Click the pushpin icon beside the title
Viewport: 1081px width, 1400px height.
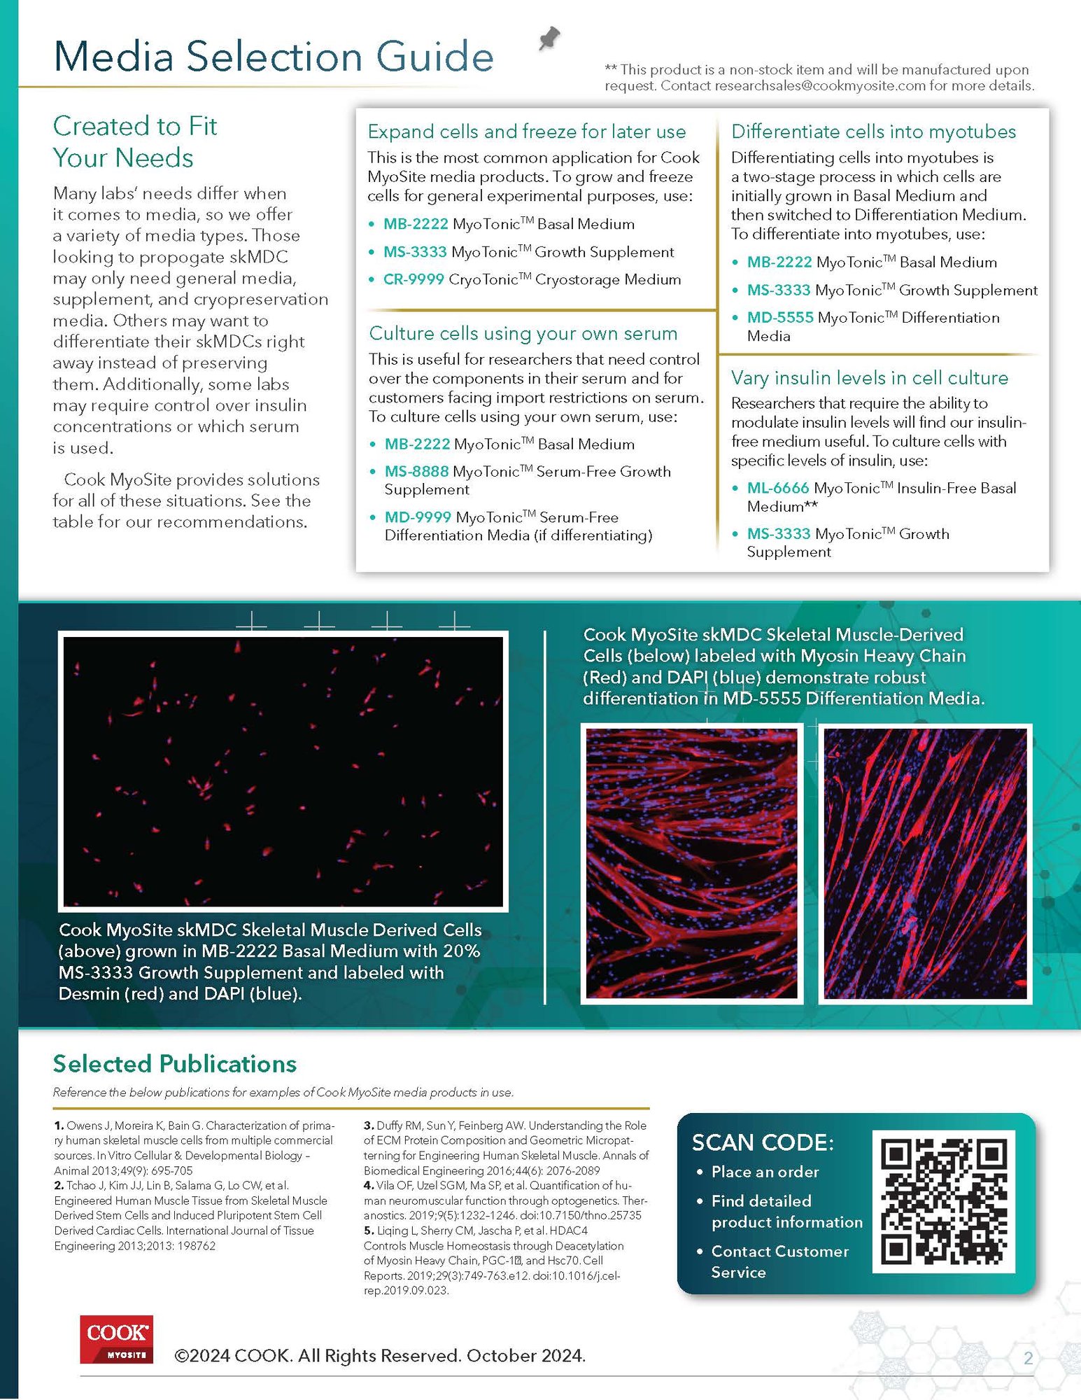click(x=549, y=38)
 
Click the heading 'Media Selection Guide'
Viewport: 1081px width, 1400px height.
click(x=274, y=57)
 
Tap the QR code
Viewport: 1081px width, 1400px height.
click(x=943, y=1200)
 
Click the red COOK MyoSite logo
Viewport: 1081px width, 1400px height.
click(x=116, y=1339)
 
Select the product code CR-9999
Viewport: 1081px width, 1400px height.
click(x=414, y=279)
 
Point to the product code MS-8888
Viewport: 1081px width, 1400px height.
click(x=416, y=472)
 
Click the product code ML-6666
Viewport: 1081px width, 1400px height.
click(x=778, y=488)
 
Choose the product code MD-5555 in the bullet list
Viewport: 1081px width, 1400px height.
click(x=780, y=318)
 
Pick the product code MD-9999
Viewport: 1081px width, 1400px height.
click(x=418, y=517)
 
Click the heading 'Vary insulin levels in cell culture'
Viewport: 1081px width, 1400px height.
click(x=870, y=378)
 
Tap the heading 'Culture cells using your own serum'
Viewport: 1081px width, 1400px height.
click(x=523, y=333)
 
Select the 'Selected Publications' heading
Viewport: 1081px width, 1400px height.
click(x=175, y=1064)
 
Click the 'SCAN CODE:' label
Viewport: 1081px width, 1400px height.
click(x=763, y=1142)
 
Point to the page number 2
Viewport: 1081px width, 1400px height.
click(x=1028, y=1359)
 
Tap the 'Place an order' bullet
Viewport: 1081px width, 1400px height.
click(x=765, y=1172)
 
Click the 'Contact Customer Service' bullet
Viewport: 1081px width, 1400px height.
click(x=779, y=1261)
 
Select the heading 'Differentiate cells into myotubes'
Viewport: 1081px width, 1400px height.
click(x=873, y=132)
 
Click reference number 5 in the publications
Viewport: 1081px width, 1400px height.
click(x=368, y=1231)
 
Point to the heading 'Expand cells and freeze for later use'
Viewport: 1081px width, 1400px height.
click(x=527, y=132)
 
